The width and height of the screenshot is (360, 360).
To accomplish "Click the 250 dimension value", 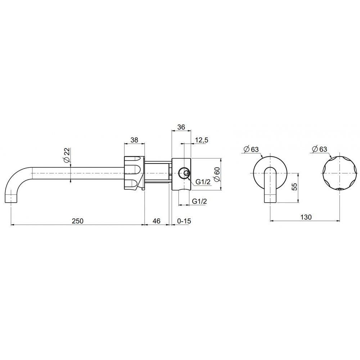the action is click(78, 221).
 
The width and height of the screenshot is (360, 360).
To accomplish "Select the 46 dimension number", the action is click(156, 221).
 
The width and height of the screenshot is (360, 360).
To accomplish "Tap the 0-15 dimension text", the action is click(184, 221).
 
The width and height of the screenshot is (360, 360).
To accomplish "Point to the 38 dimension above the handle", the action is click(134, 140).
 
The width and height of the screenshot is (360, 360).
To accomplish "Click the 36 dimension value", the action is click(181, 127).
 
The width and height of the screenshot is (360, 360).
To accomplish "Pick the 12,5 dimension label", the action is click(201, 140).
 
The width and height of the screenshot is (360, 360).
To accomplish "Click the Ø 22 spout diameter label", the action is click(67, 156).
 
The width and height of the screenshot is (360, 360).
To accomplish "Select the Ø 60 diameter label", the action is click(217, 175).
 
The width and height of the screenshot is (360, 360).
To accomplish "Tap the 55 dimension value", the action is click(295, 186).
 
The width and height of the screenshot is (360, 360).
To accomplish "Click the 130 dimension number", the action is click(306, 217).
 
